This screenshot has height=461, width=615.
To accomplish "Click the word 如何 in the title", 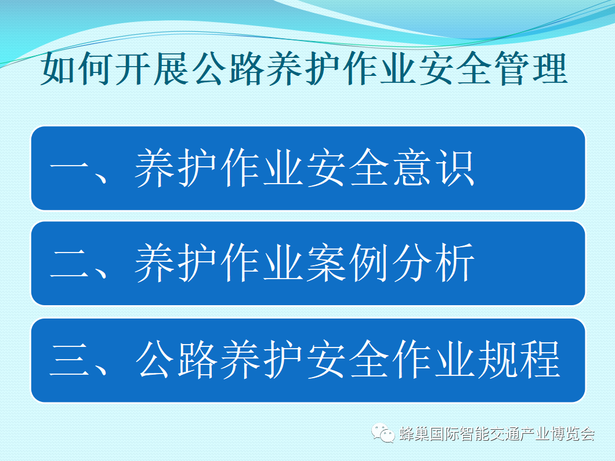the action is (74, 69).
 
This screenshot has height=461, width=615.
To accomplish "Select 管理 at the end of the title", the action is (533, 69).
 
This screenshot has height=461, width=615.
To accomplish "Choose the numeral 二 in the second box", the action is (69, 263).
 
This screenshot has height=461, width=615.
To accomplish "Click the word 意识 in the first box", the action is (434, 167).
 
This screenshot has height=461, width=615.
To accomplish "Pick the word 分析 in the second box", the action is (434, 262).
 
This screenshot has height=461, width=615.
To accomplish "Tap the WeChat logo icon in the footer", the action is (383, 433).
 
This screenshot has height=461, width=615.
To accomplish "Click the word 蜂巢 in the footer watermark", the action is (414, 434).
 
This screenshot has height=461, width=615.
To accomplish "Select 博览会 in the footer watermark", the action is (573, 434).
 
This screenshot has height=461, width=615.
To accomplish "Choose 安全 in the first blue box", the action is (348, 167).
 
